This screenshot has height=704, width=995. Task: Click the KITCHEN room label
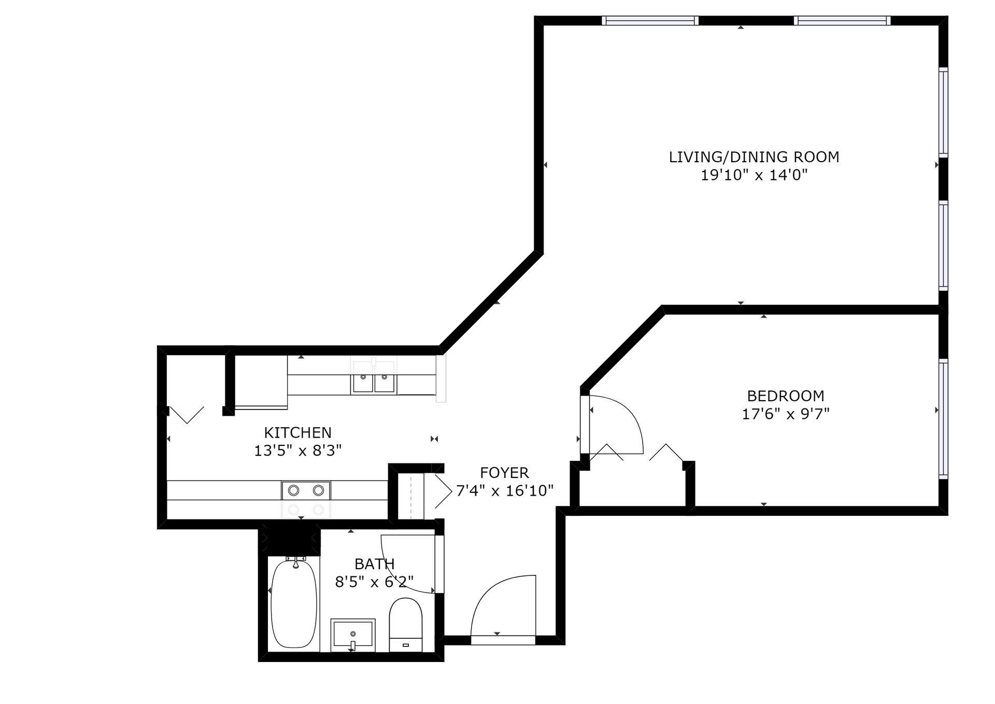[x=297, y=432]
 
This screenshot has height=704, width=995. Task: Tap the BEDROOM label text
[x=786, y=396]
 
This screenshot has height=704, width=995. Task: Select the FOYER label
[x=504, y=473]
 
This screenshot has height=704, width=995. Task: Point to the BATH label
[x=375, y=564]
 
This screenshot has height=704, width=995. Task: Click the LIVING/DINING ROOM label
[x=754, y=157]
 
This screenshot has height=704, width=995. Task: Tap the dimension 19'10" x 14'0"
[x=754, y=175]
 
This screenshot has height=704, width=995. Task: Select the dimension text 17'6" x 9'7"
[x=786, y=414]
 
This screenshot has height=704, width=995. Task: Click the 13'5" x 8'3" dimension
[x=297, y=450]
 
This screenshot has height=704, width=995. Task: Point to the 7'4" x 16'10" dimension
[x=505, y=490]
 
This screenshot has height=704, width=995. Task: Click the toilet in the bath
[x=406, y=625]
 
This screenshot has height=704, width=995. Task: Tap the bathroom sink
[x=353, y=635]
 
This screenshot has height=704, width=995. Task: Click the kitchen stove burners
[x=306, y=490]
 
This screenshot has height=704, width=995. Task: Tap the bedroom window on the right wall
[x=943, y=418]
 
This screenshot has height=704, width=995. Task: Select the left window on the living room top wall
[x=650, y=21]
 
